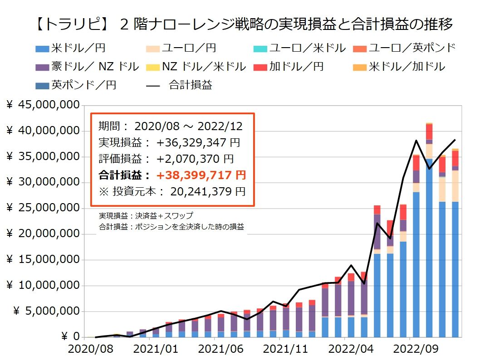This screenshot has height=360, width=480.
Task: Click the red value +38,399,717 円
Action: (x=201, y=175)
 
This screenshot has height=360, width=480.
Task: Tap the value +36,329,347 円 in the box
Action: (x=198, y=142)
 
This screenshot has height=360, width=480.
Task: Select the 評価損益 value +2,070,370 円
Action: (x=195, y=159)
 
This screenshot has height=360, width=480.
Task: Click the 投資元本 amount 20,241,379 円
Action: (x=208, y=191)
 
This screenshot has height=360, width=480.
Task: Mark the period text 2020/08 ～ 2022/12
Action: (x=188, y=126)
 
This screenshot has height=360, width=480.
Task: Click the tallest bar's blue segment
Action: (x=429, y=249)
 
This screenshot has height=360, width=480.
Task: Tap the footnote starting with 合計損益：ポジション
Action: (x=171, y=227)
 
